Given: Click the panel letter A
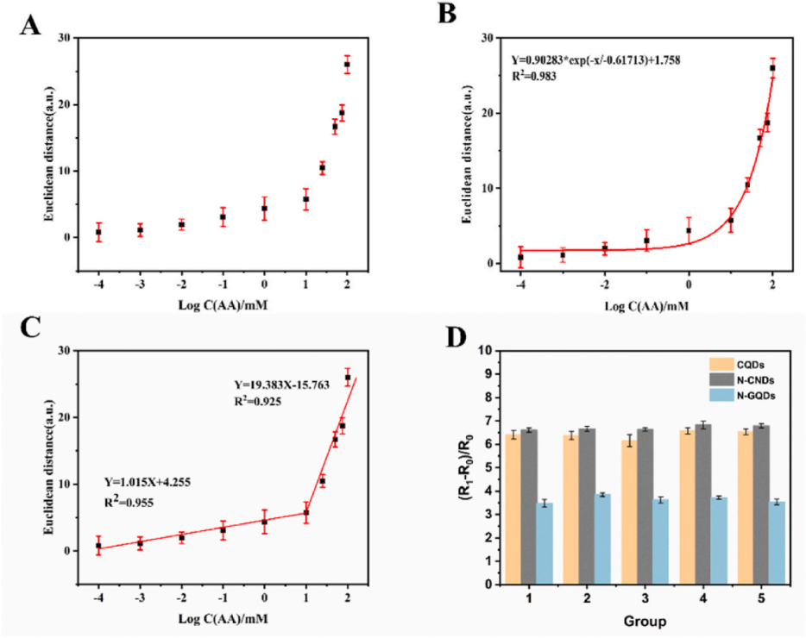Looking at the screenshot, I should pyautogui.click(x=30, y=24).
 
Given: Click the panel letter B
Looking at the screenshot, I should pyautogui.click(x=447, y=15).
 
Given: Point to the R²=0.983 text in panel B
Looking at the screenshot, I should pyautogui.click(x=533, y=76).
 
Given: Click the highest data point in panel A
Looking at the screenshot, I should pyautogui.click(x=347, y=65).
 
